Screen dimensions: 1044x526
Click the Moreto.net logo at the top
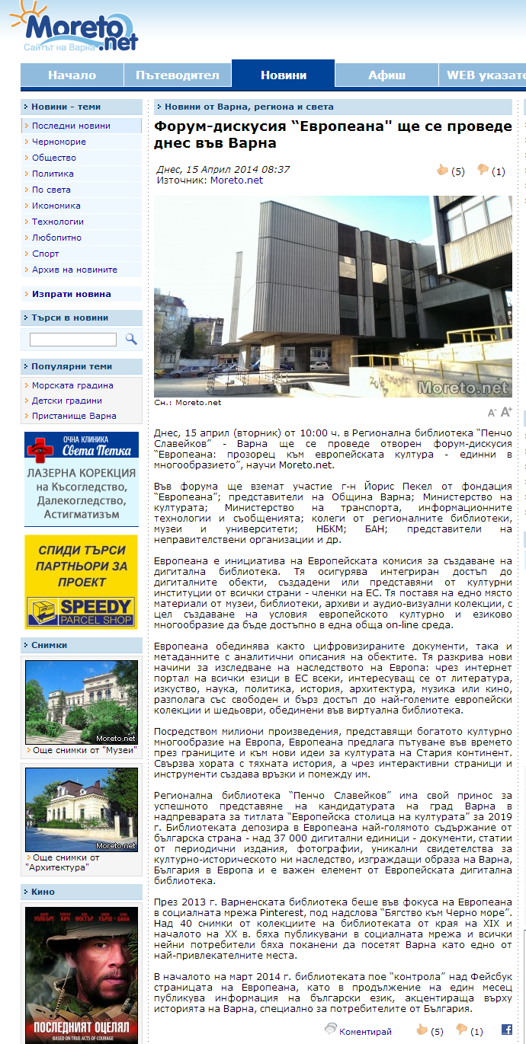(76, 30)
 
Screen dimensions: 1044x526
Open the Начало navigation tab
(72, 75)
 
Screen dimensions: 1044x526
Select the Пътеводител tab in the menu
(177, 75)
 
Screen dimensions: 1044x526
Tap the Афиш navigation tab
(386, 75)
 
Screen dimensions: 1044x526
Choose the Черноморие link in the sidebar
(59, 142)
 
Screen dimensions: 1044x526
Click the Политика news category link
(53, 174)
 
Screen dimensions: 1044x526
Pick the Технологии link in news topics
(58, 222)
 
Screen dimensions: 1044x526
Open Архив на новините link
(75, 270)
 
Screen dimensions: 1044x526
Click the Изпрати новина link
(71, 294)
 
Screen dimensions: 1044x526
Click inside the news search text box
(73, 340)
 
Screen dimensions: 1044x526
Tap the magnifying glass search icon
(131, 339)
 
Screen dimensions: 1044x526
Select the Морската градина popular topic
(72, 385)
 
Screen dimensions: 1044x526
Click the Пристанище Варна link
(74, 416)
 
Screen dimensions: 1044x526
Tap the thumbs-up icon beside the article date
(442, 171)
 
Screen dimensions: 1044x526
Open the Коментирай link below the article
(365, 1032)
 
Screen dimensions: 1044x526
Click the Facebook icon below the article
(506, 1030)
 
